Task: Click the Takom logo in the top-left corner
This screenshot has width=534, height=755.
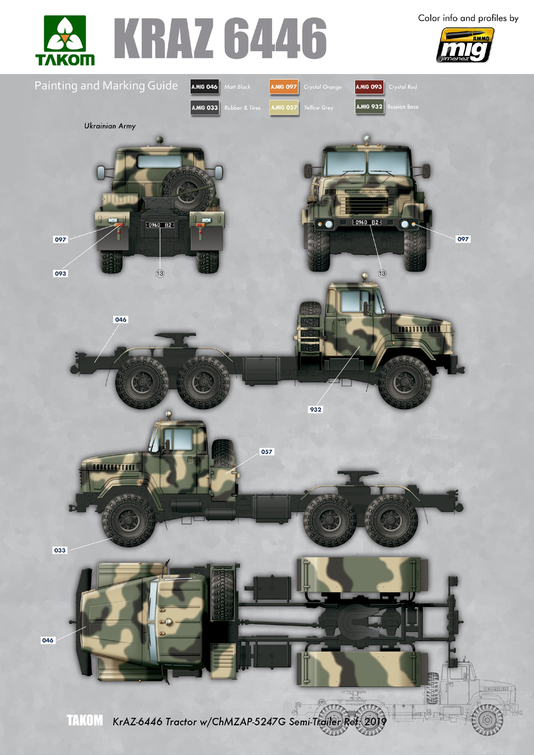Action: click(65, 40)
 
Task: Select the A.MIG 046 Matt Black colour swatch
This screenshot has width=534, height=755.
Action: click(204, 87)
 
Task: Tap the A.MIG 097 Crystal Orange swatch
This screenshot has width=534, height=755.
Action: click(284, 87)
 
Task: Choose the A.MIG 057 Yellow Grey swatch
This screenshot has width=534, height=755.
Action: click(284, 107)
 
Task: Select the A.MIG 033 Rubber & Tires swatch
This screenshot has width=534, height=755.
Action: click(204, 107)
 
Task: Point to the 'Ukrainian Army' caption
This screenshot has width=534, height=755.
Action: click(110, 126)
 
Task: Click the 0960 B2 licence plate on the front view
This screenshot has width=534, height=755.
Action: click(367, 222)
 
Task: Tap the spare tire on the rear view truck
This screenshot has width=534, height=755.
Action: click(187, 186)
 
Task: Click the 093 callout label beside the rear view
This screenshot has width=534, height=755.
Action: click(60, 273)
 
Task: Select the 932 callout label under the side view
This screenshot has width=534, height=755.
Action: click(315, 409)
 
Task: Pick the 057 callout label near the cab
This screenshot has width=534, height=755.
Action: click(266, 452)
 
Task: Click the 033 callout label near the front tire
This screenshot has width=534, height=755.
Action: click(59, 550)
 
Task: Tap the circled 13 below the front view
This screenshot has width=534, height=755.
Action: click(382, 273)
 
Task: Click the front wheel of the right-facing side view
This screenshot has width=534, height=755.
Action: click(405, 382)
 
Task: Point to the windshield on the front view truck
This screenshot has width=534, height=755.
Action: click(367, 163)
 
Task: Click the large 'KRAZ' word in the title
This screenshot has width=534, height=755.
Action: click(164, 39)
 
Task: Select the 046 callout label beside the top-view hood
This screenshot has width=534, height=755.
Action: click(47, 640)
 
